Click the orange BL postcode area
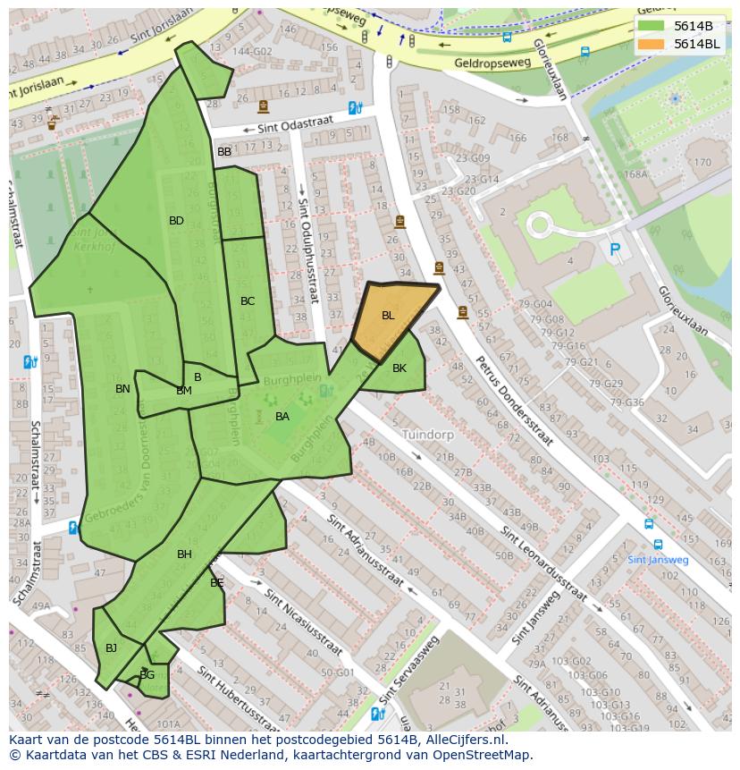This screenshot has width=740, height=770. pyautogui.click(x=390, y=320)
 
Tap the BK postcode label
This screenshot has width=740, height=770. pyautogui.click(x=399, y=368)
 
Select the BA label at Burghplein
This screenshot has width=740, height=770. pyautogui.click(x=282, y=417)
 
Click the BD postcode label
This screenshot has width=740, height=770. pyautogui.click(x=176, y=221)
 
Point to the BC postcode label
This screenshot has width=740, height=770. pyautogui.click(x=248, y=301)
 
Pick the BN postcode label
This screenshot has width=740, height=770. pyautogui.click(x=122, y=389)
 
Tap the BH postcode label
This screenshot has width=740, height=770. pyautogui.click(x=184, y=554)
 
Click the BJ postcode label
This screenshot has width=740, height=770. pyautogui.click(x=111, y=648)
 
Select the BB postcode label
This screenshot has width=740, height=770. pyautogui.click(x=224, y=152)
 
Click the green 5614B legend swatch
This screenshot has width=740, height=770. pyautogui.click(x=652, y=25)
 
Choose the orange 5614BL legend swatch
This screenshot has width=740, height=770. pyautogui.click(x=652, y=43)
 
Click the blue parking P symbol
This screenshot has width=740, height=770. pyautogui.click(x=615, y=250)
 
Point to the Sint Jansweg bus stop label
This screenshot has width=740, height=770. pyautogui.click(x=658, y=560)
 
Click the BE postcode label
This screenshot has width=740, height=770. pyautogui.click(x=217, y=583)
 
